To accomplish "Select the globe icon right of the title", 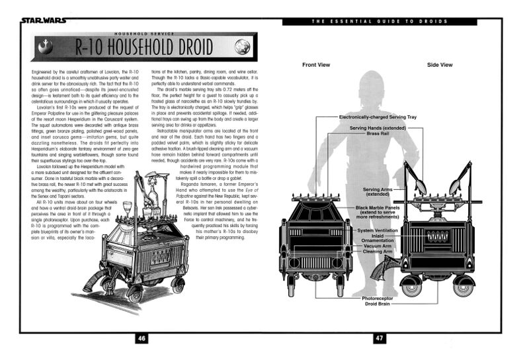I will pyautogui.click(x=242, y=47).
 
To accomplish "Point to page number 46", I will pyautogui.click(x=141, y=338).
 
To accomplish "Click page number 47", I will pyautogui.click(x=380, y=338).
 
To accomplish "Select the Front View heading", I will pyautogui.click(x=316, y=65).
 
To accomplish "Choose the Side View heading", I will pyautogui.click(x=440, y=65).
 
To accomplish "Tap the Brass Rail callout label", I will pyautogui.click(x=378, y=133).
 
